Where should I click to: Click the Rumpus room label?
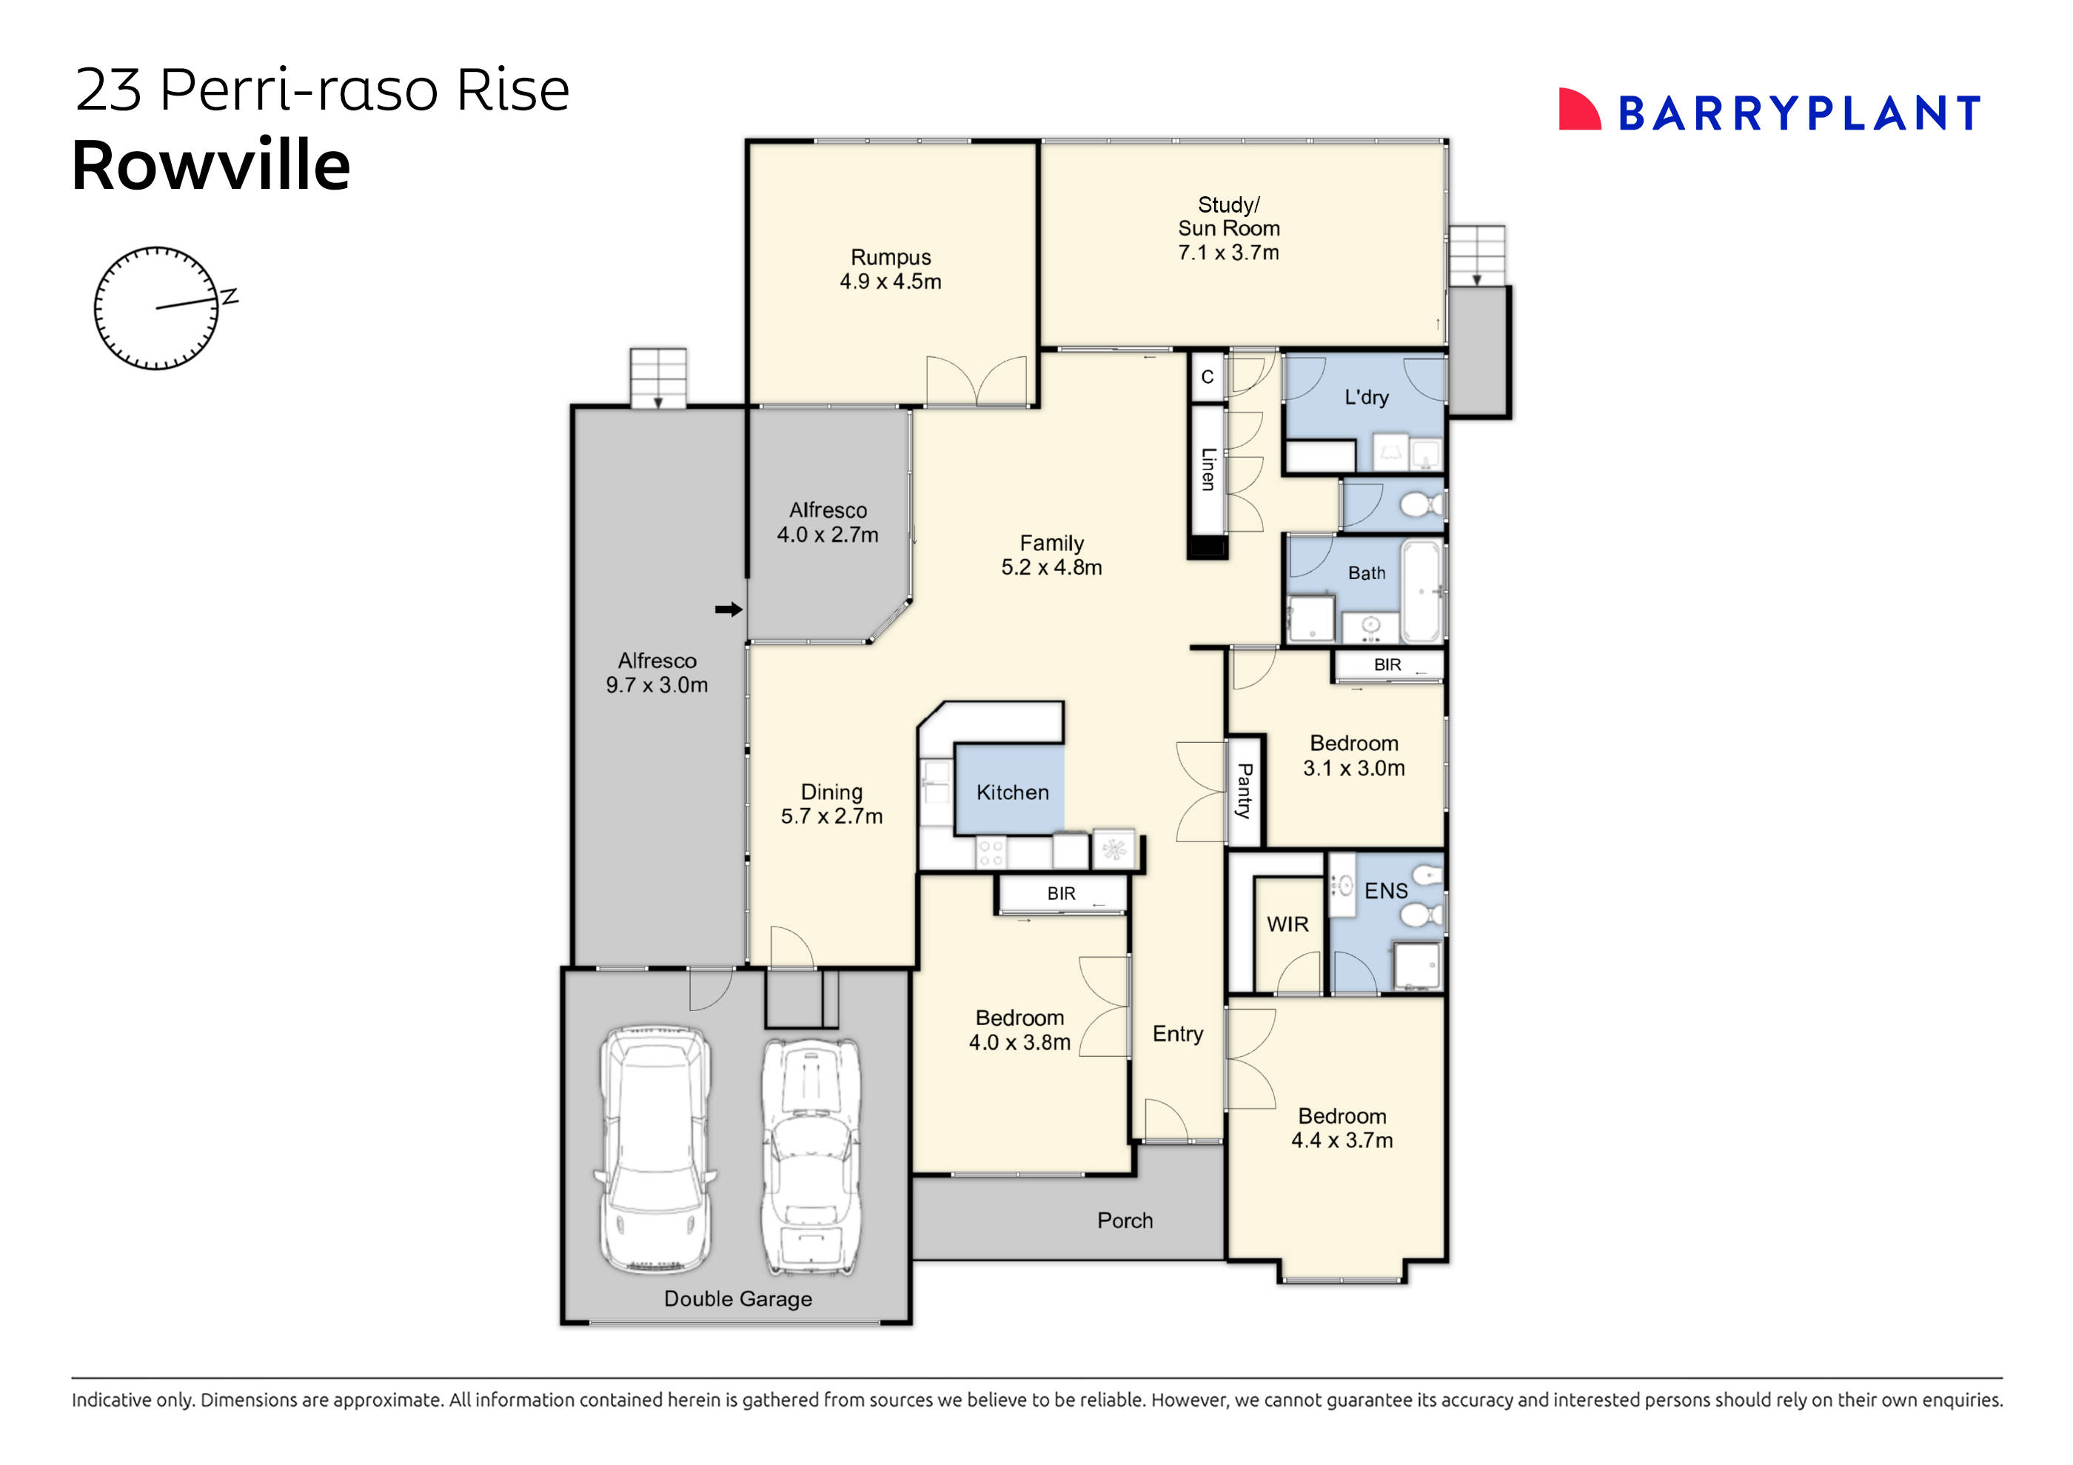pyautogui.click(x=890, y=258)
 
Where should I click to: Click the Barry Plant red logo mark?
pyautogui.click(x=1578, y=110)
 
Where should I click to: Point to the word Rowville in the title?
pyautogui.click(x=210, y=165)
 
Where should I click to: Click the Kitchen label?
pyautogui.click(x=1012, y=792)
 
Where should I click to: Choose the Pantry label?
pyautogui.click(x=1244, y=790)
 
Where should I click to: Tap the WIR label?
pyautogui.click(x=1287, y=924)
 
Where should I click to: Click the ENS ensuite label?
pyautogui.click(x=1385, y=890)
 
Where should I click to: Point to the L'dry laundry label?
pyautogui.click(x=1366, y=398)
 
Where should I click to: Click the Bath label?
pyautogui.click(x=1366, y=573)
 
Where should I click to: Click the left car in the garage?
pyautogui.click(x=655, y=1149)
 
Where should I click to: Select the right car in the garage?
pyautogui.click(x=810, y=1156)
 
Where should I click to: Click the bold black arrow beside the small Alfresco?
pyautogui.click(x=728, y=610)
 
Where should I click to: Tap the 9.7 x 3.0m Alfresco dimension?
pyautogui.click(x=657, y=684)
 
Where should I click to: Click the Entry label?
pyautogui.click(x=1177, y=1033)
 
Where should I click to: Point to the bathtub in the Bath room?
pyautogui.click(x=1422, y=591)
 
